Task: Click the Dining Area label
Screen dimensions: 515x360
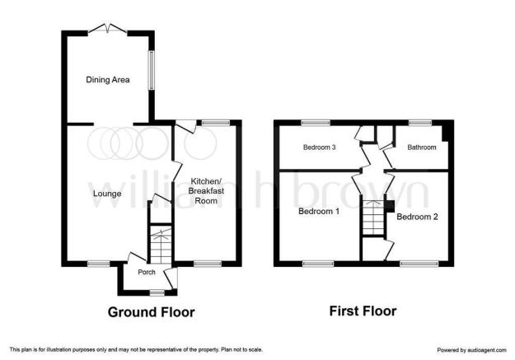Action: coord(108,80)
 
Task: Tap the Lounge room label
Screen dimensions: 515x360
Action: coord(107,194)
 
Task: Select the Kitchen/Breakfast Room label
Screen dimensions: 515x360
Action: coord(206,191)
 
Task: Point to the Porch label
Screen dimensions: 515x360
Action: coord(147,273)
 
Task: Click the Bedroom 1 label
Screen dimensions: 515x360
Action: coord(319,211)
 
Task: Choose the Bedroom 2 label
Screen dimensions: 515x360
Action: coord(417,217)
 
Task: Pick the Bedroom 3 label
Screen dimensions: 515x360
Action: coord(319,147)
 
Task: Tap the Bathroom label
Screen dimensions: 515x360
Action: coord(422,147)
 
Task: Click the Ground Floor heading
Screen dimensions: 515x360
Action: coord(151,312)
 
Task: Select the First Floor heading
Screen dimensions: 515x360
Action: coord(363,311)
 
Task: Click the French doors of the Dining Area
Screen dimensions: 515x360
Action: coord(108,29)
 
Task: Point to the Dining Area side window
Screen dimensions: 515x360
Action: coord(151,70)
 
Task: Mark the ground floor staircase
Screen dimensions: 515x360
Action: coord(161,244)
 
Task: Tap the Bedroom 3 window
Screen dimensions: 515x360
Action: coord(316,123)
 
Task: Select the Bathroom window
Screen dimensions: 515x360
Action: coord(420,123)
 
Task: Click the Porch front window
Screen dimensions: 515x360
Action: coord(157,292)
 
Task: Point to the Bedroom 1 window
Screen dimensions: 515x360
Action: coord(318,264)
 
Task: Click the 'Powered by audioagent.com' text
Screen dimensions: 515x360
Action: coord(471,350)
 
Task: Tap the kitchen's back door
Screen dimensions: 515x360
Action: coord(186,127)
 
